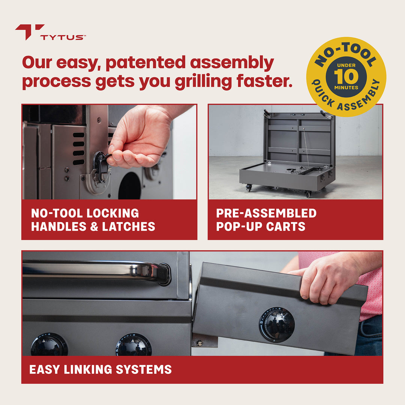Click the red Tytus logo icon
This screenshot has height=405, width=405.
point(29,31)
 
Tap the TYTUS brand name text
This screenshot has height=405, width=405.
point(63,37)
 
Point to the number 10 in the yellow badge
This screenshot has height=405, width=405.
point(346,76)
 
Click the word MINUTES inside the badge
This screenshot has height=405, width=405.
point(346,88)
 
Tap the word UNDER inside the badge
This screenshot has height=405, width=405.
point(346,65)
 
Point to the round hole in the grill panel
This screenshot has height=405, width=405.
point(130,186)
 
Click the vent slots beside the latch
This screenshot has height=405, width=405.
point(78,148)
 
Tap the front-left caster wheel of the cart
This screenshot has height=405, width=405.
point(248,187)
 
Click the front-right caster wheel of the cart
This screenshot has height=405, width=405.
point(308,193)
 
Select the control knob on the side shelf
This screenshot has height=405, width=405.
point(277,324)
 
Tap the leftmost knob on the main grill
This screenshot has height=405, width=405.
point(49,345)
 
